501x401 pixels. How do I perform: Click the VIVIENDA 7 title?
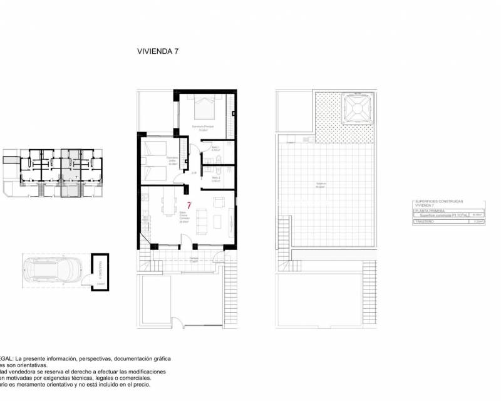click(x=158, y=52)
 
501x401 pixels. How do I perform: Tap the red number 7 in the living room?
click(x=189, y=206)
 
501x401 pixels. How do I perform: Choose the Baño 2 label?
click(x=215, y=178)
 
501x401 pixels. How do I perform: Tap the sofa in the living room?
click(x=202, y=220)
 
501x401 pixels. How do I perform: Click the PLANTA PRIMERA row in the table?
click(x=428, y=211)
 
